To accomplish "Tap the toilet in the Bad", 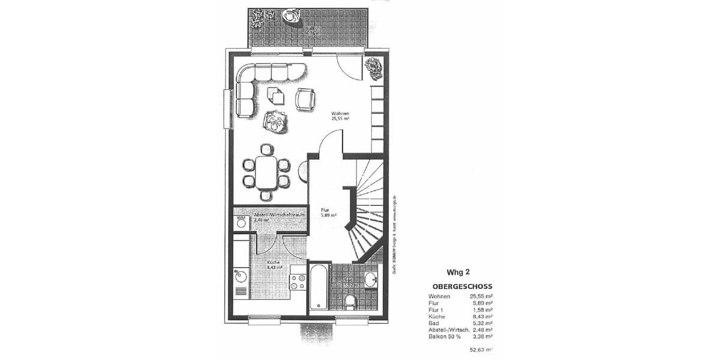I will click(350, 301).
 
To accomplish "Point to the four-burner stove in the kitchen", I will click(298, 281).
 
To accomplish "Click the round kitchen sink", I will click(240, 275).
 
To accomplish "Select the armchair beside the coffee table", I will click(305, 99).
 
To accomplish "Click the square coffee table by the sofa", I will click(276, 96).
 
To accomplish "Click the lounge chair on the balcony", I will click(293, 16).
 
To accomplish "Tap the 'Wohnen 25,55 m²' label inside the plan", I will click(340, 116).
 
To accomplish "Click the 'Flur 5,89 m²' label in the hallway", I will click(328, 212).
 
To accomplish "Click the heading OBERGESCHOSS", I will click(462, 287).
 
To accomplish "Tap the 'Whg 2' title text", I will click(458, 272).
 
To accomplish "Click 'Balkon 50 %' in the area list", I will click(444, 336).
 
